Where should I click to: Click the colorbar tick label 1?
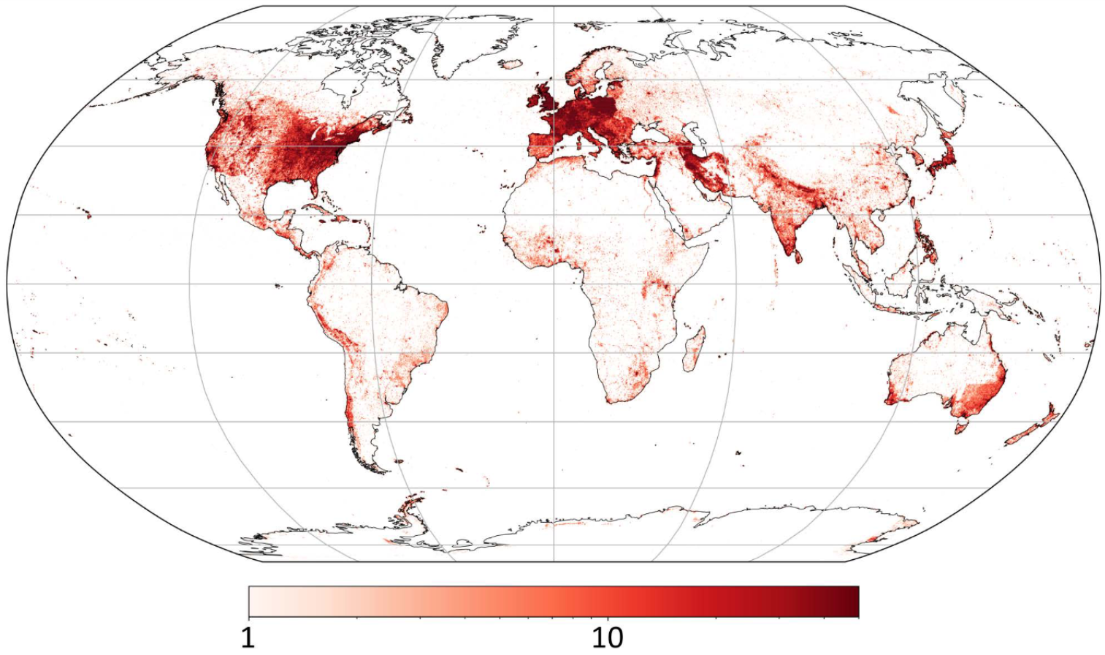point(248,637)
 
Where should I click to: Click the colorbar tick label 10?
point(607,637)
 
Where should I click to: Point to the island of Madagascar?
point(695,350)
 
